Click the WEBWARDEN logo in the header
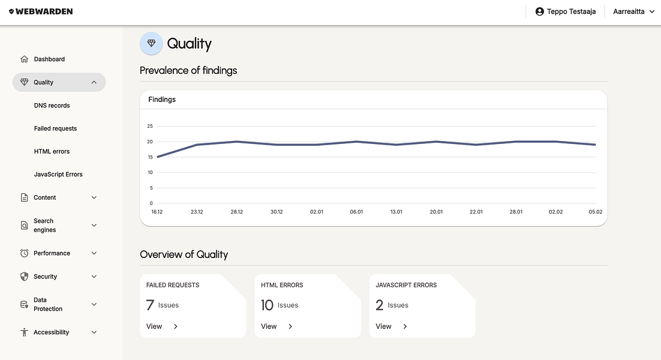click(x=41, y=11)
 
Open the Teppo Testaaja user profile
click(x=566, y=11)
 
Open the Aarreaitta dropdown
click(x=633, y=11)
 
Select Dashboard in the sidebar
click(x=49, y=59)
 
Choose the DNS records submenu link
click(x=52, y=106)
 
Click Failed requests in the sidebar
click(x=56, y=128)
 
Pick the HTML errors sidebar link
click(x=52, y=151)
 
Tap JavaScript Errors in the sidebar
click(x=58, y=175)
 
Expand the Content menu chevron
click(x=94, y=197)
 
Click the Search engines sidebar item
click(x=44, y=226)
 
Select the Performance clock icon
click(x=24, y=253)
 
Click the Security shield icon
click(x=24, y=277)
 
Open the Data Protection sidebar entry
click(x=48, y=304)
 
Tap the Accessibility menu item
click(x=51, y=332)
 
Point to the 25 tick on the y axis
click(x=150, y=126)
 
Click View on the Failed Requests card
click(x=155, y=326)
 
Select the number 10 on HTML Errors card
click(x=267, y=305)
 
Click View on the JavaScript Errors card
click(x=384, y=326)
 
